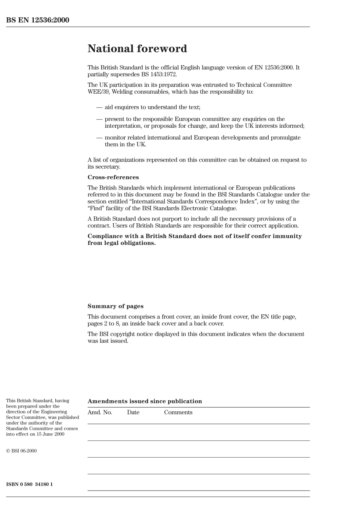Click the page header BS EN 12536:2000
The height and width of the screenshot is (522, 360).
pos(38,20)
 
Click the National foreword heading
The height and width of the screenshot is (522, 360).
pos(137,49)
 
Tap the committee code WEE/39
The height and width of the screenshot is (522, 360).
pos(97,92)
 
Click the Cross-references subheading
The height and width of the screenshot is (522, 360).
pos(113,177)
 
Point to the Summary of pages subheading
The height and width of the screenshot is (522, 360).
pos(115,306)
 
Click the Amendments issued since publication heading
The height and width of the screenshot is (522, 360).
pos(144,401)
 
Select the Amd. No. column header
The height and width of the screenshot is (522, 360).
pos(100,412)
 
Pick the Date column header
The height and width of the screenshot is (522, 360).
pos(133,412)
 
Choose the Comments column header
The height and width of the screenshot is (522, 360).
pos(178,412)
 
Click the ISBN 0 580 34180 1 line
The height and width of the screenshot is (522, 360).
pos(29,484)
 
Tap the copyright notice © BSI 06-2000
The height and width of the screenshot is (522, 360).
pos(21,451)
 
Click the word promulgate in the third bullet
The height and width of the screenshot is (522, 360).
pos(285,138)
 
